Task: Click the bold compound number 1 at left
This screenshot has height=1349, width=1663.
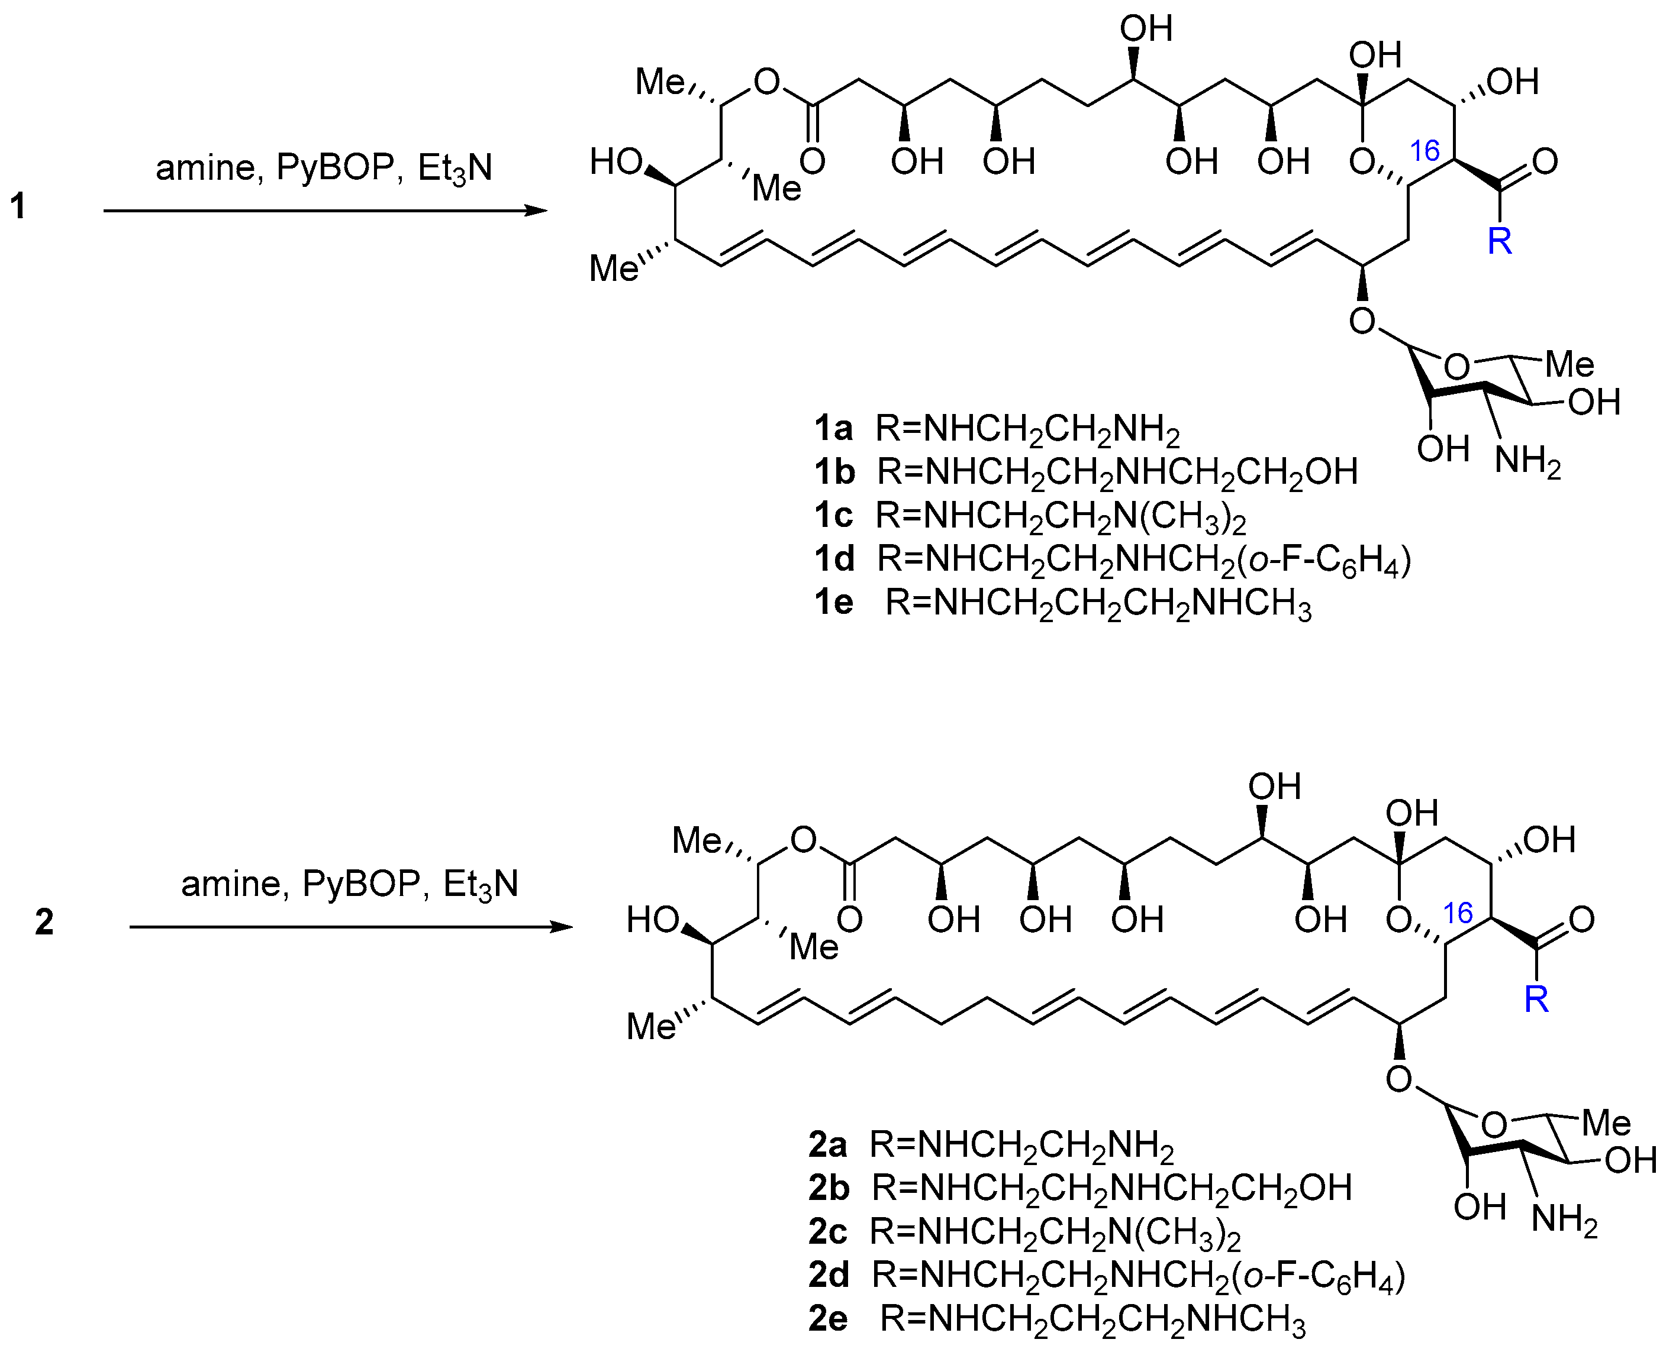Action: click(x=18, y=207)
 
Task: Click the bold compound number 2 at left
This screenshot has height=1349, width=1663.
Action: click(x=44, y=923)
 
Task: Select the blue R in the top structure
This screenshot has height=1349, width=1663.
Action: click(x=1500, y=242)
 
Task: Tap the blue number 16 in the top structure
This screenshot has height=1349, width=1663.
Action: click(x=1424, y=151)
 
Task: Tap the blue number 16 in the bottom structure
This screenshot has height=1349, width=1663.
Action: click(x=1458, y=913)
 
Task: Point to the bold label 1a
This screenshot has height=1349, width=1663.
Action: click(x=833, y=428)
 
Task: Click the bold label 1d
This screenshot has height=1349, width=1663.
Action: click(x=834, y=559)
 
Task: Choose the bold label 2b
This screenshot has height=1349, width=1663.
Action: click(x=829, y=1188)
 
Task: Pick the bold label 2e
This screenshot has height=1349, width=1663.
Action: click(x=828, y=1318)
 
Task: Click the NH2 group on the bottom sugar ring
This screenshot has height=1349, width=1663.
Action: click(x=1564, y=1220)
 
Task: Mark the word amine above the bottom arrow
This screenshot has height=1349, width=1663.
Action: click(x=230, y=884)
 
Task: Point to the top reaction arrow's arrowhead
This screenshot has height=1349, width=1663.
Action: click(x=536, y=211)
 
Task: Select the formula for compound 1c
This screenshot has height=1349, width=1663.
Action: click(x=1061, y=516)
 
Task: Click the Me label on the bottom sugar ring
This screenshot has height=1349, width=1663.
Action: click(x=1606, y=1124)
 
